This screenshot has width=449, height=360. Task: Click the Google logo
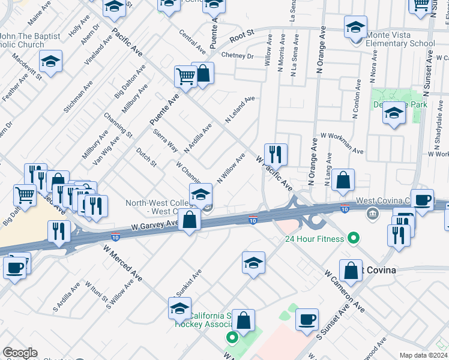click(20, 353)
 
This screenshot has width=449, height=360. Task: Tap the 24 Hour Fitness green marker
click(354, 238)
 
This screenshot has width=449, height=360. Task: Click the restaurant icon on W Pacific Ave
click(276, 154)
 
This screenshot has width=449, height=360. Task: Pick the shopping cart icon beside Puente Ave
click(186, 76)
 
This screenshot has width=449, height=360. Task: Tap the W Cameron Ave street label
click(345, 290)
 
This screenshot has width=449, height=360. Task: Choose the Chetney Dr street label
click(237, 56)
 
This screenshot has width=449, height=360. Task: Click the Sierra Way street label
click(165, 140)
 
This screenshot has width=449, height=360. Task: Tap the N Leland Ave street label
click(240, 109)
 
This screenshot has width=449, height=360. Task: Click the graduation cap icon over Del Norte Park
click(393, 113)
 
